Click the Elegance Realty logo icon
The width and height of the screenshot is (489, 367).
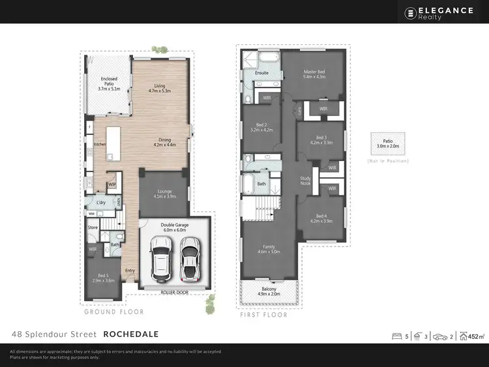(411, 12)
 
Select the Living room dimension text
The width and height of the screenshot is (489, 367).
(160, 92)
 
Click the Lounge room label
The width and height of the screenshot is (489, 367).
(164, 192)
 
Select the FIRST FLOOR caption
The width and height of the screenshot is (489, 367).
(263, 315)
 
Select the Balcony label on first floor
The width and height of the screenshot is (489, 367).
(269, 289)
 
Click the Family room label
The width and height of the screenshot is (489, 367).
(269, 246)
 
